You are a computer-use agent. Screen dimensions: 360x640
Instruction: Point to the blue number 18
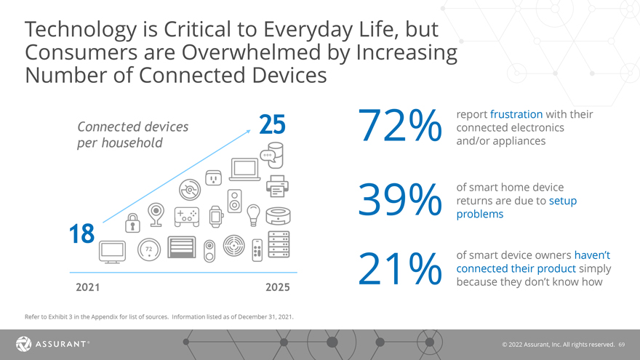81,234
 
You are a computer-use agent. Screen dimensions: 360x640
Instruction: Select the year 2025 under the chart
277,287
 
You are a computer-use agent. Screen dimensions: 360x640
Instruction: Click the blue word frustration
516,115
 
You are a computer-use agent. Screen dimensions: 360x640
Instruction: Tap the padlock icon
132,221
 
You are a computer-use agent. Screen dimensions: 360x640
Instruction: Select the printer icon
277,186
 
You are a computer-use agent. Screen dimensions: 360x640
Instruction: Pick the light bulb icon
254,213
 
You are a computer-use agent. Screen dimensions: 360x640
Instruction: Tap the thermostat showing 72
148,249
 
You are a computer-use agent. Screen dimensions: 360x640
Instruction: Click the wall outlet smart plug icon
213,177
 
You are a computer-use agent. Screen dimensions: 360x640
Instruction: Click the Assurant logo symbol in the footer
23,343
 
